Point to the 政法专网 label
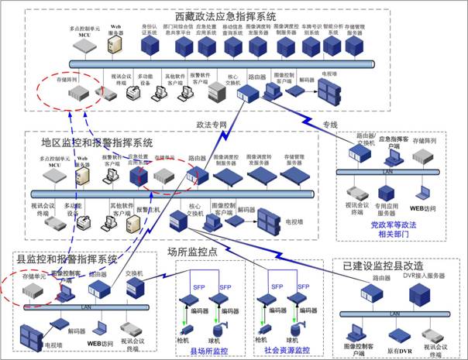click(212, 123)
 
